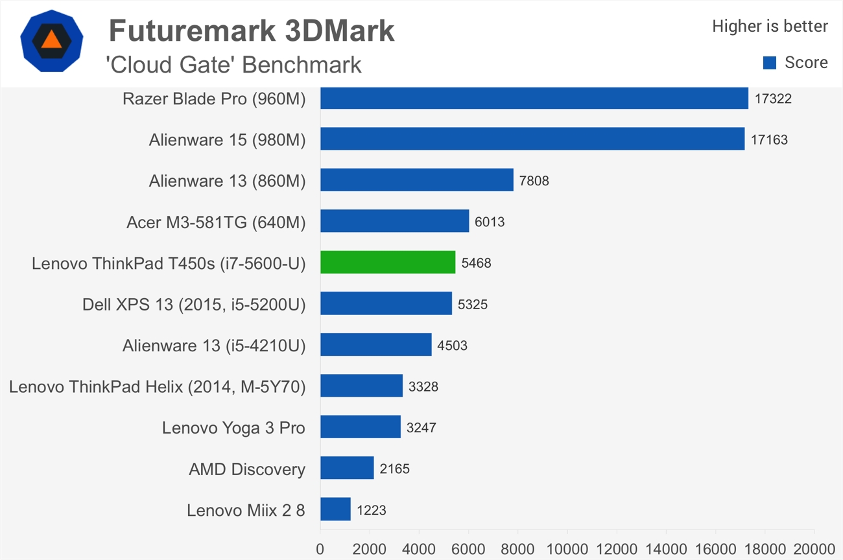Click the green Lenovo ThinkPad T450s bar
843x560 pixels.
(x=388, y=262)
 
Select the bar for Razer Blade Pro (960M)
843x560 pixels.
(x=534, y=99)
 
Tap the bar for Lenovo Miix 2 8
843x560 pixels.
(x=335, y=509)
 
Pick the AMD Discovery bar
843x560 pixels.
(x=347, y=468)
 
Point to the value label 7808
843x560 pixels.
(x=534, y=181)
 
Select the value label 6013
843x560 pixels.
(x=490, y=222)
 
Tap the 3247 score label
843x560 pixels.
(x=421, y=428)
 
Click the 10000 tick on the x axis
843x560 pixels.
(x=567, y=549)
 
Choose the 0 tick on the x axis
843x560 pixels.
(x=320, y=549)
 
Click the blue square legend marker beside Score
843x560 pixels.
(x=770, y=63)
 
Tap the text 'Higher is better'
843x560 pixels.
(x=770, y=26)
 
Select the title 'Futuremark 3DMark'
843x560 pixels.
(x=252, y=30)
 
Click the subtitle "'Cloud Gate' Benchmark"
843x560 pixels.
(x=233, y=65)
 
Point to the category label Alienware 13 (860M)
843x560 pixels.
(x=227, y=181)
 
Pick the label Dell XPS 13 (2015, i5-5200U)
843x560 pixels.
(x=194, y=304)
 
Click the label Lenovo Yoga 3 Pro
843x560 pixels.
(x=233, y=428)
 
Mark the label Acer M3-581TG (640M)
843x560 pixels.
(x=216, y=222)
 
